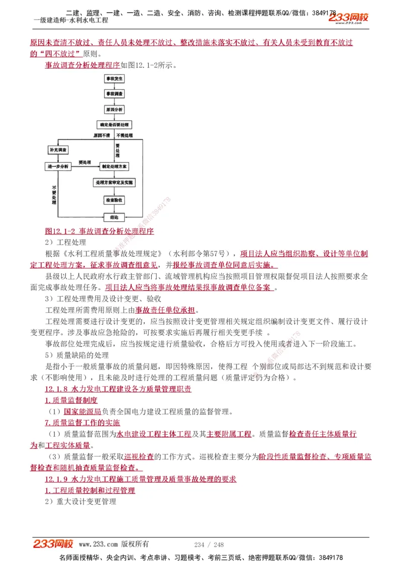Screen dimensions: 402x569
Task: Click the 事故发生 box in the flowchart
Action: click(114, 79)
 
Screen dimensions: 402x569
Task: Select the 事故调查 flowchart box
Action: click(114, 94)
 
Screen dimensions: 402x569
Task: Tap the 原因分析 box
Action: click(114, 109)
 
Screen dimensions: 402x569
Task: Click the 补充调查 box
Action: click(59, 150)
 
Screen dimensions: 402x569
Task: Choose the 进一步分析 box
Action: click(58, 166)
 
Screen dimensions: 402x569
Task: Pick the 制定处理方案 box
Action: click(114, 166)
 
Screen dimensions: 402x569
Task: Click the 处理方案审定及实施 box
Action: click(115, 183)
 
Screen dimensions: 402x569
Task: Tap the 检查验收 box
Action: click(114, 200)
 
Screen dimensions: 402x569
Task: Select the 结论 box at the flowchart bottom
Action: click(114, 217)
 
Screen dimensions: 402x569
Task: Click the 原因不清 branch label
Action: click(101, 136)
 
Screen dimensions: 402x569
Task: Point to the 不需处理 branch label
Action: click(124, 136)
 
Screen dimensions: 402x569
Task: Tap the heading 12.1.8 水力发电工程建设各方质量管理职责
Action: click(118, 389)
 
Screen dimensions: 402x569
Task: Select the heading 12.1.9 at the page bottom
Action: click(140, 479)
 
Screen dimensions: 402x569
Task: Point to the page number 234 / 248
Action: click(209, 544)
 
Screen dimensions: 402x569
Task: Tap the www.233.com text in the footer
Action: click(98, 544)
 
